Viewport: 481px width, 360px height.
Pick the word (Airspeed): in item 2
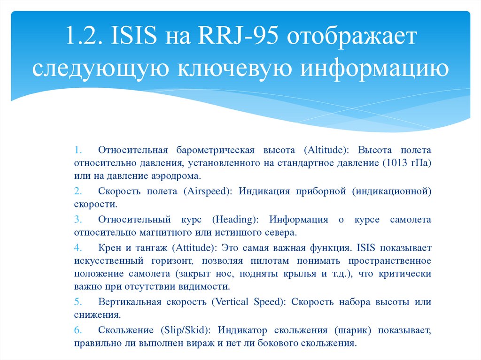pos(207,191)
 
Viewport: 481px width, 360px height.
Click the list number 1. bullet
pos(78,151)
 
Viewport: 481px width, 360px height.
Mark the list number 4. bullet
pos(78,248)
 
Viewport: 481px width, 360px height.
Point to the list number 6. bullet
pos(78,330)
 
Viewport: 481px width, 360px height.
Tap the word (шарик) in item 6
pos(354,330)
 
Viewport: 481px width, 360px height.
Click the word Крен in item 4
pos(109,248)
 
